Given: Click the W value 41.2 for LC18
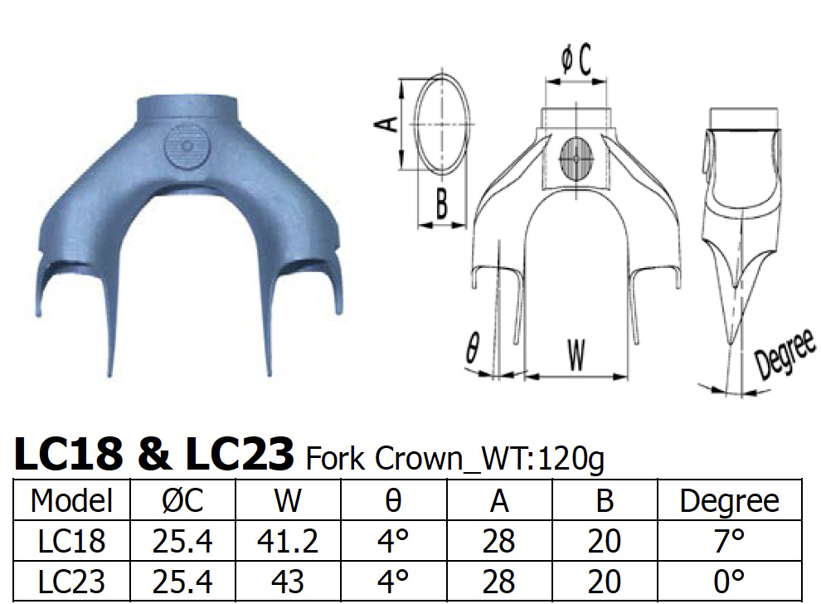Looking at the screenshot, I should pyautogui.click(x=289, y=542).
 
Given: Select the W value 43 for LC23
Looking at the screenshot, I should pyautogui.click(x=289, y=581).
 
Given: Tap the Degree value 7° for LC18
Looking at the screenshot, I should pyautogui.click(x=729, y=542).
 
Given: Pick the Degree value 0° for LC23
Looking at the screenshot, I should pyautogui.click(x=729, y=581).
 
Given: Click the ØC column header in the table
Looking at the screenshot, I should pyautogui.click(x=182, y=500).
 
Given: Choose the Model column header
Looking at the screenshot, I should pyautogui.click(x=71, y=500).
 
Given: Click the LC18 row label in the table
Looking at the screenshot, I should pyautogui.click(x=71, y=542).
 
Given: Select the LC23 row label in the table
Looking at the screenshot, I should pyautogui.click(x=71, y=581).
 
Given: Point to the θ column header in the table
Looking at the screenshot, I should pyautogui.click(x=395, y=500).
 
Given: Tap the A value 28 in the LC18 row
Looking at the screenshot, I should pyautogui.click(x=499, y=542).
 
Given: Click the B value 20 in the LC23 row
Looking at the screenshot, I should pyautogui.click(x=604, y=581).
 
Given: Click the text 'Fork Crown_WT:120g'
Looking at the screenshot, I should pyautogui.click(x=455, y=457).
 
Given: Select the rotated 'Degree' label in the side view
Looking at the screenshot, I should pyautogui.click(x=783, y=355).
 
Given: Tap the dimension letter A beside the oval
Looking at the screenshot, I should pyautogui.click(x=384, y=125).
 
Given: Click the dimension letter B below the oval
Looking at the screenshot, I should pyautogui.click(x=441, y=204).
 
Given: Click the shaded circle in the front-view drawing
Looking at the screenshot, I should pyautogui.click(x=577, y=156).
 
